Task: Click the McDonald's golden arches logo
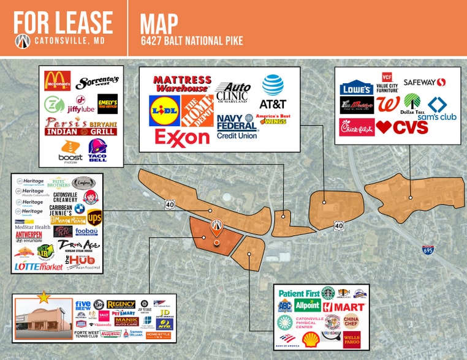(58, 80)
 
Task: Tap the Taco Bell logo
(97, 149)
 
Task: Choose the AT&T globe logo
(273, 85)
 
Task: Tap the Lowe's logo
(357, 88)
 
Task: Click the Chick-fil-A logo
(357, 127)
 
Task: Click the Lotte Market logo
(39, 266)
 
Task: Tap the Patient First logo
(299, 293)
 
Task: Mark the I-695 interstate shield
(427, 250)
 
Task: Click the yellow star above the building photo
(44, 298)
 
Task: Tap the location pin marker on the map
(216, 227)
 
